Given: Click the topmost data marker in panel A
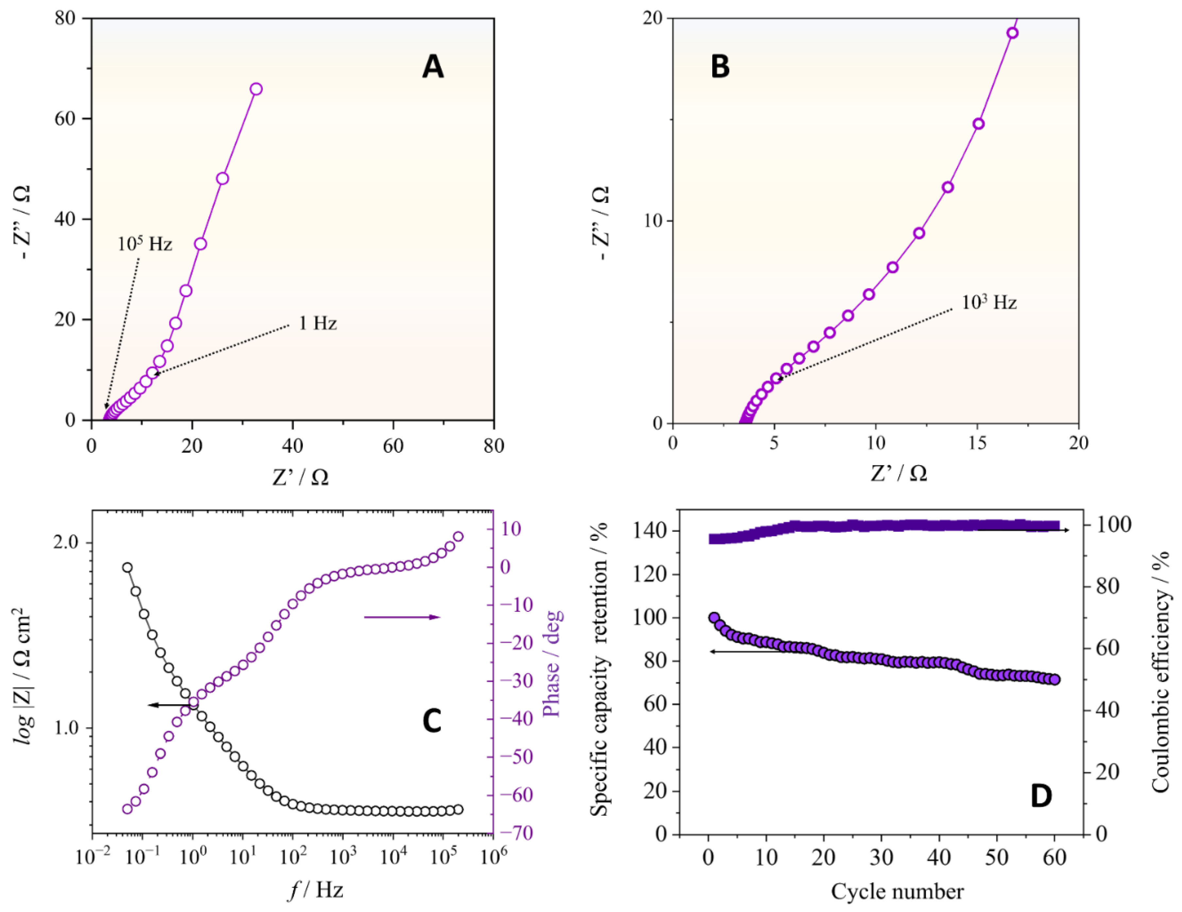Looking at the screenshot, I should tap(256, 89).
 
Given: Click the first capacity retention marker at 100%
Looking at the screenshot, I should tap(714, 618).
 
